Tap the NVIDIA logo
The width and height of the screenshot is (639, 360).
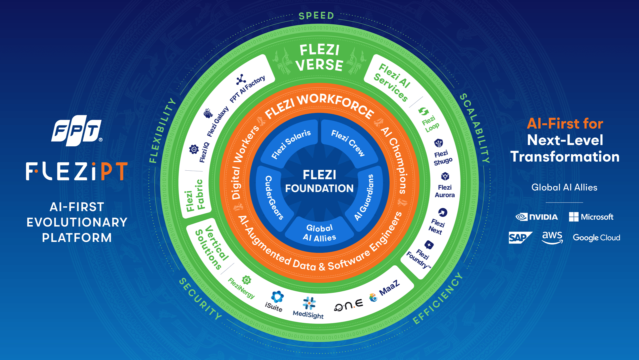coord(537,217)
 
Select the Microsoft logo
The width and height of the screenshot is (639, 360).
coord(591,217)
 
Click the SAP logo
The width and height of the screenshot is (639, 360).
coord(520,238)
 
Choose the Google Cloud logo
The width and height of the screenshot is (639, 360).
coord(596,238)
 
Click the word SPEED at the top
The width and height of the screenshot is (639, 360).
coord(316,16)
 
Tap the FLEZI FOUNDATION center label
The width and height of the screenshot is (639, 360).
coord(319,181)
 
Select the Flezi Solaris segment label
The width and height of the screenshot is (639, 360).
coord(291,144)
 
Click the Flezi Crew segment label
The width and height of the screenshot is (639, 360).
coord(348,143)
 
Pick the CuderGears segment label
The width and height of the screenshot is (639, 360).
coord(273,197)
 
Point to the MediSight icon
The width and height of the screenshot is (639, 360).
coord(309,303)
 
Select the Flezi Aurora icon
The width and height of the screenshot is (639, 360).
coord(445,176)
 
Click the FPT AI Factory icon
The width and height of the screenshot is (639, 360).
coord(241,80)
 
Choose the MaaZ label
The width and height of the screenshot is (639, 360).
coord(389,287)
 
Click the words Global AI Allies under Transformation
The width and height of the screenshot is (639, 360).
coord(564,187)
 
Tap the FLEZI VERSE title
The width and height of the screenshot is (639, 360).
coord(319,58)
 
